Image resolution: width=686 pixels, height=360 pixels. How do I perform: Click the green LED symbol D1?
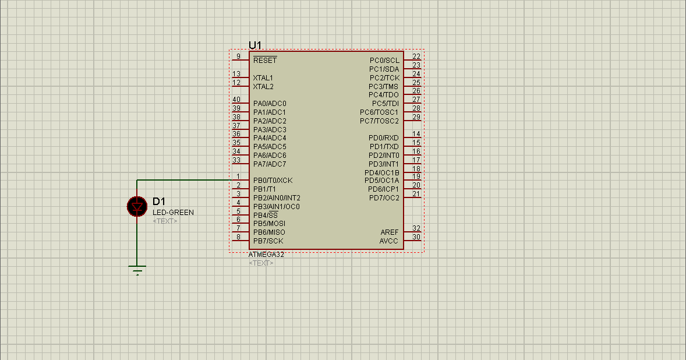point(137,206)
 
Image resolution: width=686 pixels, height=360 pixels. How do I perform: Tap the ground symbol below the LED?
point(137,270)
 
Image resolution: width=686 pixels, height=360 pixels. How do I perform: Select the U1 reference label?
point(255,45)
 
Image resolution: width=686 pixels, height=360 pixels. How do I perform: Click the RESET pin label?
point(265,61)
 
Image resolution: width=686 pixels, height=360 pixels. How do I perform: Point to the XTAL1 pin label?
point(263,77)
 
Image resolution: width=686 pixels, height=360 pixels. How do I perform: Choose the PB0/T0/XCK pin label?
point(273,181)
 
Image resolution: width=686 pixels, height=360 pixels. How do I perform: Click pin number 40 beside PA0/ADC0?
point(236,100)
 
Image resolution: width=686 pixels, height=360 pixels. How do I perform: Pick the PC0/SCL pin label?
point(384,61)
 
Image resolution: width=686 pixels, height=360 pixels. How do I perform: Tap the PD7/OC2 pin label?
point(384,198)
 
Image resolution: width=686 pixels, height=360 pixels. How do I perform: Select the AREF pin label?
point(390,232)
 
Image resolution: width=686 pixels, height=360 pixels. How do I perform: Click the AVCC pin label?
point(389,241)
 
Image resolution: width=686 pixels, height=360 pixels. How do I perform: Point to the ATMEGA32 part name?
point(266,255)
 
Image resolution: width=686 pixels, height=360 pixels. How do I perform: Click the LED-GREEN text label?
point(173,213)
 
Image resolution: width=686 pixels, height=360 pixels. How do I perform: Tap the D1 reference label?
point(159,202)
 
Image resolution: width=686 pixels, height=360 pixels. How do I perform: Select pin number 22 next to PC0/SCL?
point(416,57)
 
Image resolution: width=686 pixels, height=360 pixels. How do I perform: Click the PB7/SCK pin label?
point(268,241)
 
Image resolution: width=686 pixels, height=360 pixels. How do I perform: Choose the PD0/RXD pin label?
point(384,138)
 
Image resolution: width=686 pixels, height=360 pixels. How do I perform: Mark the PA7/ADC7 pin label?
point(270,164)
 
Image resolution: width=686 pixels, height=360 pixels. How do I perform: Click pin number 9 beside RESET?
point(239,57)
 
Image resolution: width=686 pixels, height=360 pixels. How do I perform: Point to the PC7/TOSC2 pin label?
point(379,121)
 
